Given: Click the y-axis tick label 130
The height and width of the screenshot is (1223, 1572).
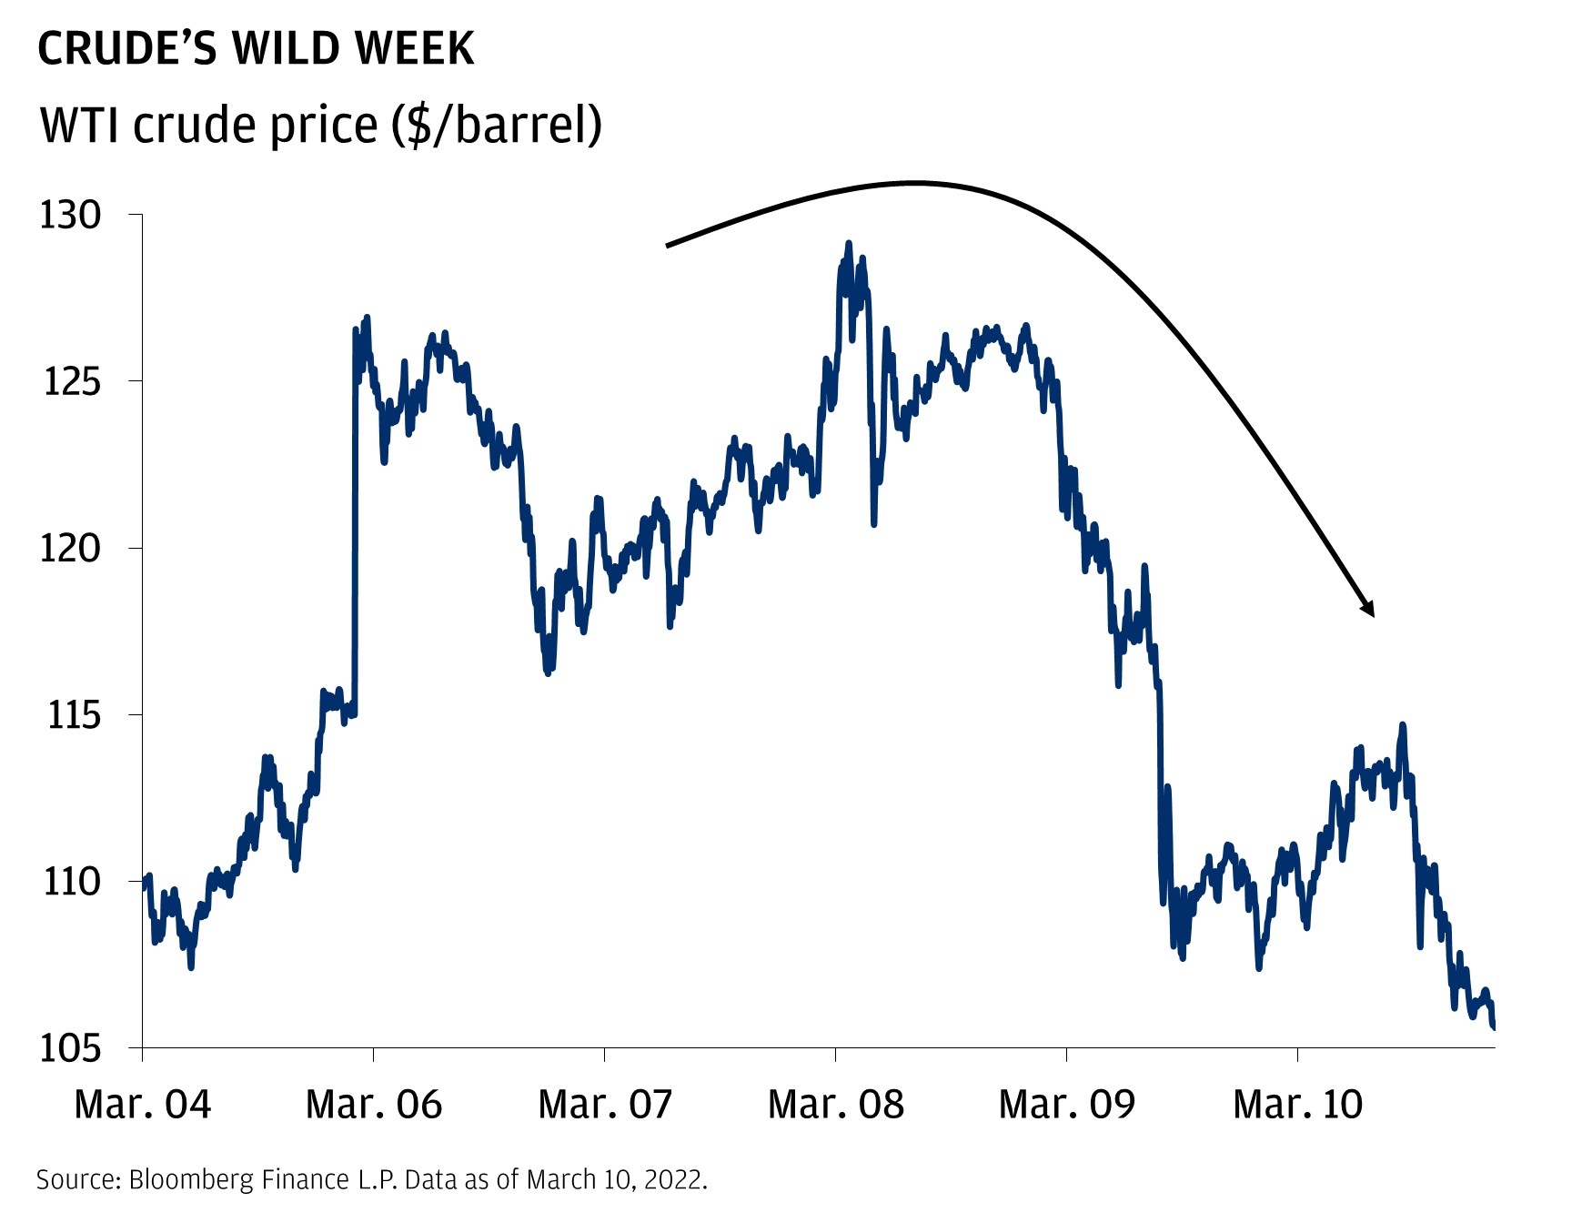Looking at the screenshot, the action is pyautogui.click(x=70, y=215).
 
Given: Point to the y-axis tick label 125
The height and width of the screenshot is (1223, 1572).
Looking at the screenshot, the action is pyautogui.click(x=72, y=381).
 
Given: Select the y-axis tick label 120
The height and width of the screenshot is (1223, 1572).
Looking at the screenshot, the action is pyautogui.click(x=70, y=548).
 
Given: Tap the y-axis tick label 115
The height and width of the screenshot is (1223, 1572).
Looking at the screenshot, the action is pyautogui.click(x=74, y=715).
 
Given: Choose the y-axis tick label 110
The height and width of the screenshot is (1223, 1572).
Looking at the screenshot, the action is pyautogui.click(x=72, y=882).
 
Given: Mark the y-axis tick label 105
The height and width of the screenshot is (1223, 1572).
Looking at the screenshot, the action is pyautogui.click(x=70, y=1048).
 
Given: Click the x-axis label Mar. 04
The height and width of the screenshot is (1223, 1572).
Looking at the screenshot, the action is pyautogui.click(x=143, y=1105).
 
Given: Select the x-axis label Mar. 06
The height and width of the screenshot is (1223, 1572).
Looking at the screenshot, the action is pyautogui.click(x=374, y=1105).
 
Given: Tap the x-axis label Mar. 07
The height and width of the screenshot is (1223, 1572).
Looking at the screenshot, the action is pyautogui.click(x=605, y=1105).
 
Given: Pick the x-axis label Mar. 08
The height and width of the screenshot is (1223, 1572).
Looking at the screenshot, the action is pyautogui.click(x=836, y=1105).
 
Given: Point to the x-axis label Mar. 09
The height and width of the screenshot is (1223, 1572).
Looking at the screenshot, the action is pyautogui.click(x=1067, y=1105).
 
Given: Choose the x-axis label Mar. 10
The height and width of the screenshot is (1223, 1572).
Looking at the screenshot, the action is pyautogui.click(x=1298, y=1105).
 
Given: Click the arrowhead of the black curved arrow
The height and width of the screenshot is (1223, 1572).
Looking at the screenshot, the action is pyautogui.click(x=1367, y=607).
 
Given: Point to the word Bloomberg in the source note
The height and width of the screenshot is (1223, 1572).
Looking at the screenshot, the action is pyautogui.click(x=191, y=1180).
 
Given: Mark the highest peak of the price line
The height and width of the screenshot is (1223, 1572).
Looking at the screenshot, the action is pyautogui.click(x=849, y=243).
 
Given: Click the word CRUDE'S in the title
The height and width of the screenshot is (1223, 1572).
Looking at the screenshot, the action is pyautogui.click(x=128, y=48).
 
